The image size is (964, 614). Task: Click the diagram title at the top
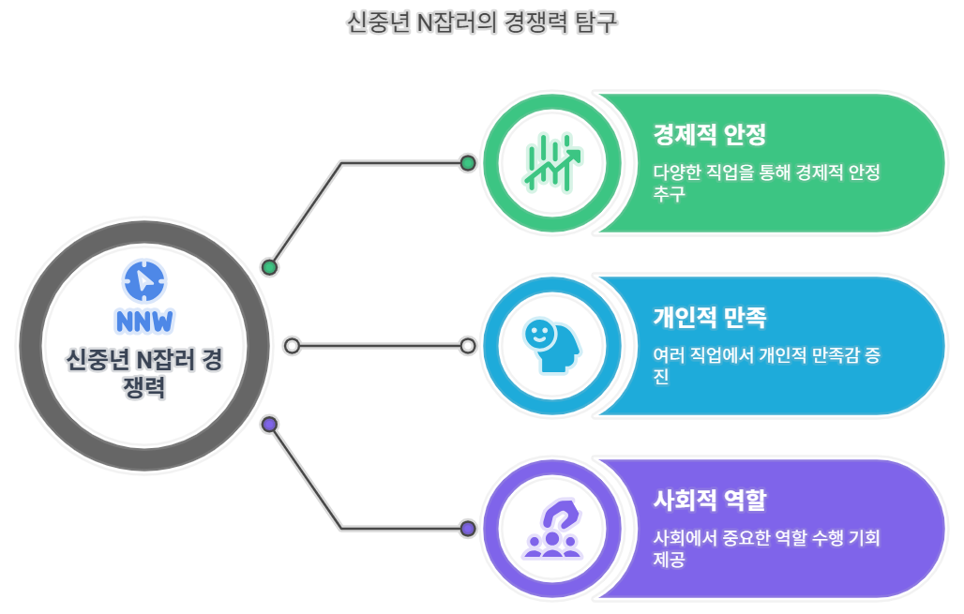point(482,22)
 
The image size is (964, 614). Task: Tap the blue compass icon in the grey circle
point(143,279)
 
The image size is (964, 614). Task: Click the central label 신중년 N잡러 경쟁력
point(143,372)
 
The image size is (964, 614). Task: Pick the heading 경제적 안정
point(710,135)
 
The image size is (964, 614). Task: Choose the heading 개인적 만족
point(710,318)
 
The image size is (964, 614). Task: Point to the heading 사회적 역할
point(710,501)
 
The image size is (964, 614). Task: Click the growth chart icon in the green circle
point(552,162)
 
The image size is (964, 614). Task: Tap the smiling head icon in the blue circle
point(552,346)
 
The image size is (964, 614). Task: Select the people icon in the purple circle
point(552,529)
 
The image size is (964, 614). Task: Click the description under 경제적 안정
point(766,183)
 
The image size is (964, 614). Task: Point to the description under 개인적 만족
point(766,366)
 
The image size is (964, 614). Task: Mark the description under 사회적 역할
point(766,548)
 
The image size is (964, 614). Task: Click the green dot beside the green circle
point(468,163)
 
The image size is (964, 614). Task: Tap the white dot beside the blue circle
point(468,346)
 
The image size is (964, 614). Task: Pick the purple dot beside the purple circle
point(468,529)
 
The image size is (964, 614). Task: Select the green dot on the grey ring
point(270,267)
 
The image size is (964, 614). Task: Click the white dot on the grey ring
point(292,346)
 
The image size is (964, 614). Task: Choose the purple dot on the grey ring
point(270,425)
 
